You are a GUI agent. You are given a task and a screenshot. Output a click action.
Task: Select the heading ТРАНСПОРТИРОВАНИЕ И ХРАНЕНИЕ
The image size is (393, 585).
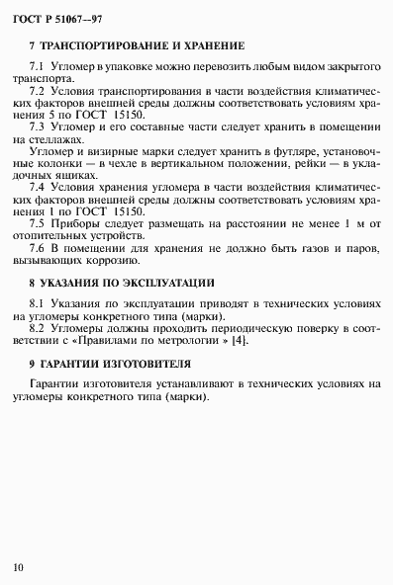click(x=143, y=46)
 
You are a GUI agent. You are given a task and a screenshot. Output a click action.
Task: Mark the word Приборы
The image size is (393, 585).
click(x=76, y=225)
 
